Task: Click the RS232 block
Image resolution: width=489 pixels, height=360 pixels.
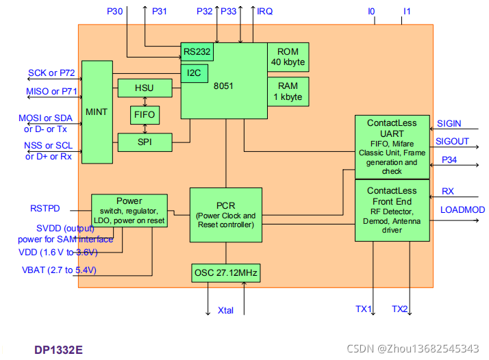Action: tap(197, 52)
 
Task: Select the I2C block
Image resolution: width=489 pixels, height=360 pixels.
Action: tap(194, 71)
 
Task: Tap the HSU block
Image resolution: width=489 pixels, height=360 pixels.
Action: tap(144, 88)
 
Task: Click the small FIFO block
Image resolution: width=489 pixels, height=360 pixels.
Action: tap(144, 114)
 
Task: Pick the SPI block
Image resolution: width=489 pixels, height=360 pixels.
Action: tap(144, 142)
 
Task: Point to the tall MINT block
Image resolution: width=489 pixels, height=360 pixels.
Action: tap(97, 112)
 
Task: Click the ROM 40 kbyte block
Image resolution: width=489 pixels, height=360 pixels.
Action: tap(288, 57)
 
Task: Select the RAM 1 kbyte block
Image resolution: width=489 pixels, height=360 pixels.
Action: tap(288, 92)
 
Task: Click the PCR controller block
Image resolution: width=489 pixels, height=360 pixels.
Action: tap(225, 215)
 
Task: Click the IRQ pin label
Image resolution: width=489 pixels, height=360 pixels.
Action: tap(264, 12)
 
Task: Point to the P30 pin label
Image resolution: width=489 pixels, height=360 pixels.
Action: tap(116, 12)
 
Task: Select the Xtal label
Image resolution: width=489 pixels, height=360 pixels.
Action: tap(225, 310)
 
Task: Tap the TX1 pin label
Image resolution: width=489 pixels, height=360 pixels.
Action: tap(363, 309)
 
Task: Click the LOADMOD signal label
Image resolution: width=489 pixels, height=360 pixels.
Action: tap(462, 210)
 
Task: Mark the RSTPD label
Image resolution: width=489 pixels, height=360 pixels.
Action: tap(45, 208)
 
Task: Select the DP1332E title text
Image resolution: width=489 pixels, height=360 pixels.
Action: tap(59, 349)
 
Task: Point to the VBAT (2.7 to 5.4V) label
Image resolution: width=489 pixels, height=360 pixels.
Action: tap(58, 270)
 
